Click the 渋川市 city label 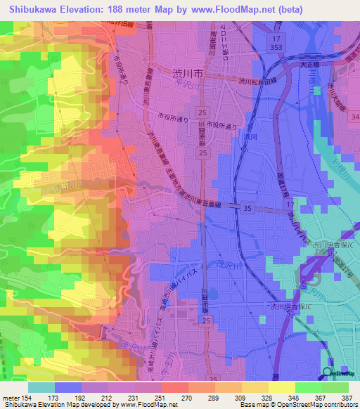(188, 72)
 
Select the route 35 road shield (247, 208)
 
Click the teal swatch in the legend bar (41, 387)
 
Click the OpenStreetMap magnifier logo (328, 373)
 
